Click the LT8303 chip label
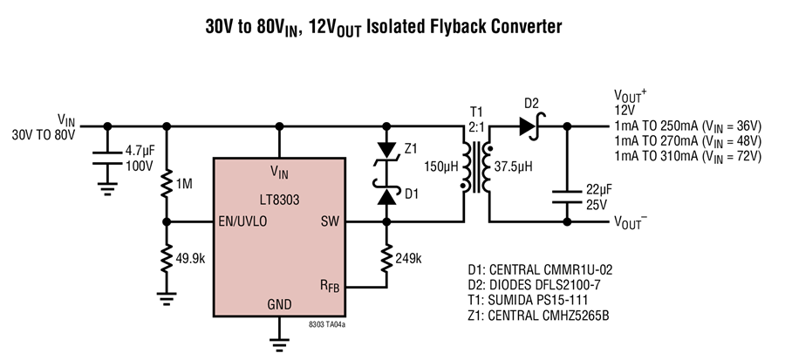click(x=279, y=200)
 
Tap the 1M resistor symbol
click(x=167, y=185)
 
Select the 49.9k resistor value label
click(x=191, y=259)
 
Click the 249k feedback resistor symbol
click(x=386, y=259)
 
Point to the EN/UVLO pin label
click(x=242, y=221)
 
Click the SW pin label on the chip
click(x=330, y=221)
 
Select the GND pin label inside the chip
click(x=279, y=304)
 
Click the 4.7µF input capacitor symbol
click(x=107, y=157)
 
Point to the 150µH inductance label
click(x=441, y=166)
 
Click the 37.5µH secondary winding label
click(x=513, y=166)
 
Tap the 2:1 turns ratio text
click(x=475, y=127)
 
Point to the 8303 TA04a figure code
click(x=327, y=324)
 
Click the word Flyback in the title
click(x=455, y=26)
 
